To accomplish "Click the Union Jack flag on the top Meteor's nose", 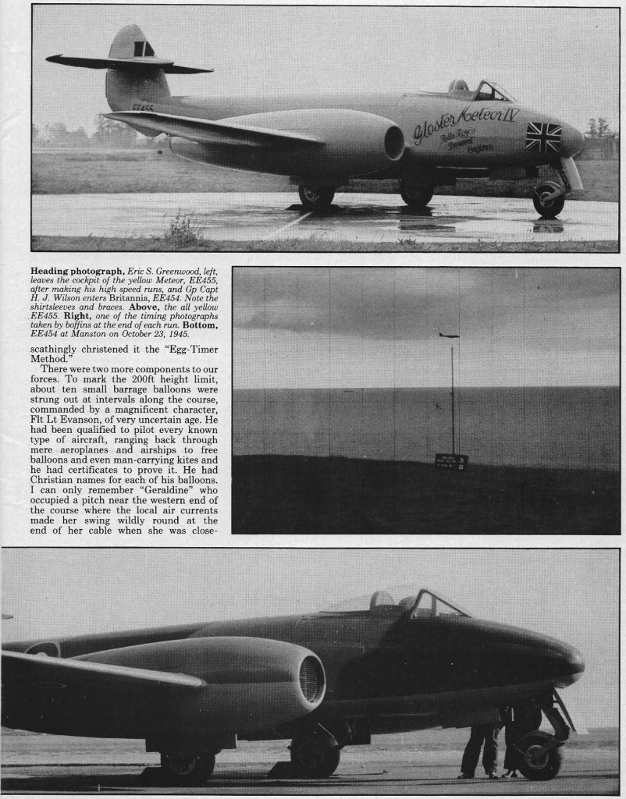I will [543, 137].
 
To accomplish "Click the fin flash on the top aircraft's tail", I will [143, 48].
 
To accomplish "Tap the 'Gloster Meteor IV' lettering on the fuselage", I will [465, 120].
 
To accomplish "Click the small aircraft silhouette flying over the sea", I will [449, 335].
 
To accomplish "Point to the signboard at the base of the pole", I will [451, 461].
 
